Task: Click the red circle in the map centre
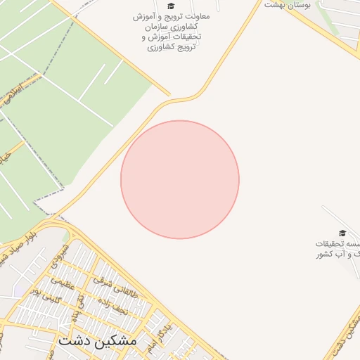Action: pos(180,179)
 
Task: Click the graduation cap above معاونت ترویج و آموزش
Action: pos(171,6)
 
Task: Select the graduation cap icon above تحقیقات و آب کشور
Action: pos(342,233)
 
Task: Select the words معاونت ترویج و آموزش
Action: pos(169,16)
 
